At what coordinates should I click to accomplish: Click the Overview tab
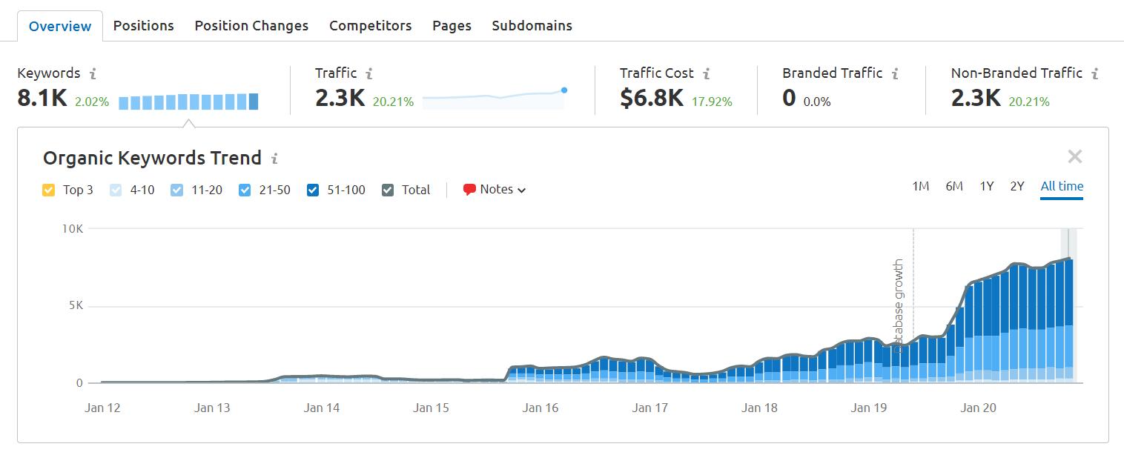pos(60,26)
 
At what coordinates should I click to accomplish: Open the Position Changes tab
pos(251,26)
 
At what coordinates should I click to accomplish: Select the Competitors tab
pos(370,26)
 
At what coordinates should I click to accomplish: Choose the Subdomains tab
pos(532,26)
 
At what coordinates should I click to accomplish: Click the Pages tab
pos(452,26)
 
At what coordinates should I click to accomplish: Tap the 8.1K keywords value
pos(42,99)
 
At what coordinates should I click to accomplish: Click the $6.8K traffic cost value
pos(651,99)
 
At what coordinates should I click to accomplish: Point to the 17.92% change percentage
pos(712,102)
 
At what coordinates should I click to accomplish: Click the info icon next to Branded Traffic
pos(895,74)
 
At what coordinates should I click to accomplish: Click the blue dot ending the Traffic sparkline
pos(564,90)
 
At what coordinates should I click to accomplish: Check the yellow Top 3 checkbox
pos(49,190)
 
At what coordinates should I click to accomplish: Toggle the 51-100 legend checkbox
pos(313,190)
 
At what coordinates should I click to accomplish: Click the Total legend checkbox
pos(388,190)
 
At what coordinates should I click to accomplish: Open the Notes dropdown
pos(495,190)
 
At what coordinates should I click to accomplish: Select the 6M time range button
pos(954,187)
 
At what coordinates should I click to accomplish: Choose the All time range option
pos(1061,187)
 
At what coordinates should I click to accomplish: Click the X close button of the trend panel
pos(1074,156)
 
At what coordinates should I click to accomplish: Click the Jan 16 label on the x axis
pos(540,408)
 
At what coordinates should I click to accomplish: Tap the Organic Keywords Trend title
pos(152,158)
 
